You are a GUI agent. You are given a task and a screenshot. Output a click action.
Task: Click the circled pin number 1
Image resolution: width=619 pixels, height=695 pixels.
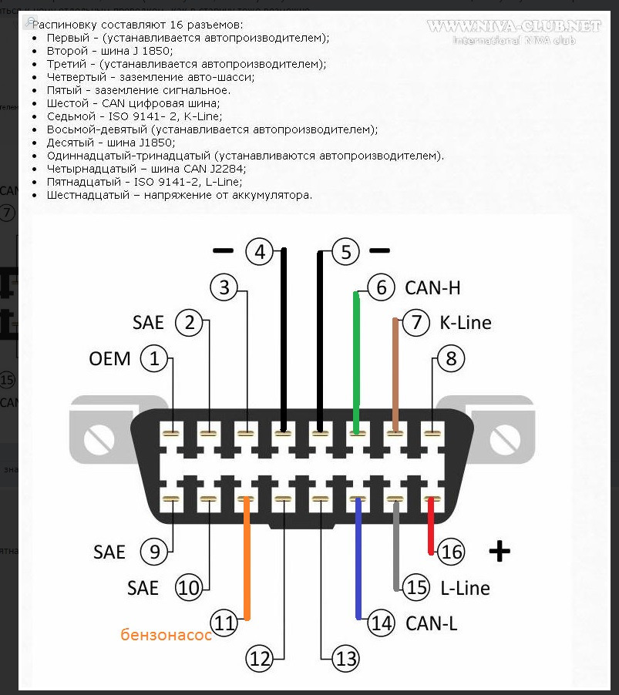(x=156, y=358)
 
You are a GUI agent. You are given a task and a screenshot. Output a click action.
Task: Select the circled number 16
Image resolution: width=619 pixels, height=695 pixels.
(x=452, y=552)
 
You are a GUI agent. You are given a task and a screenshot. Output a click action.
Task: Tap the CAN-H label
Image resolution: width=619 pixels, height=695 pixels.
(x=432, y=288)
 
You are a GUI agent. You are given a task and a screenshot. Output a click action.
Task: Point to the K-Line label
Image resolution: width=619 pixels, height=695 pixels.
(x=465, y=322)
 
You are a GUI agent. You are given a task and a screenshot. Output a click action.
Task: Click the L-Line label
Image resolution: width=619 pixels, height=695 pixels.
(x=465, y=588)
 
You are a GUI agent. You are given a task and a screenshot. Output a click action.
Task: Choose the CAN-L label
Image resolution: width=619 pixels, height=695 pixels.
(x=432, y=623)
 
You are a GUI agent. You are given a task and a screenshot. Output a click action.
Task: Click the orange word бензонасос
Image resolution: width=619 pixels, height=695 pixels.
(x=166, y=635)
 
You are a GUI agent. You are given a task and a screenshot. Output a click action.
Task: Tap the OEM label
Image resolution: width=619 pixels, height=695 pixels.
(x=109, y=359)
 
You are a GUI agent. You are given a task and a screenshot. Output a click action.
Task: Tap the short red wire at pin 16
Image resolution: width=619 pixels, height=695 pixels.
(x=431, y=528)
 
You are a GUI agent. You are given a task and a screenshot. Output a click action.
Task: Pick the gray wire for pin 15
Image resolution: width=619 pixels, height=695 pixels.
(x=396, y=547)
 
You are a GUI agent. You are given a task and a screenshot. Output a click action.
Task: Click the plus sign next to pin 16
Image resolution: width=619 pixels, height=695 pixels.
(x=500, y=551)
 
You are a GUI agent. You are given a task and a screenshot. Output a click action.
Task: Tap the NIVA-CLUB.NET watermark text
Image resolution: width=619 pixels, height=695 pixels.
(x=513, y=27)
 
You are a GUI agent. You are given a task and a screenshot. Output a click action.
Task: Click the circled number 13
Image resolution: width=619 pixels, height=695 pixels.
(x=345, y=658)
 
